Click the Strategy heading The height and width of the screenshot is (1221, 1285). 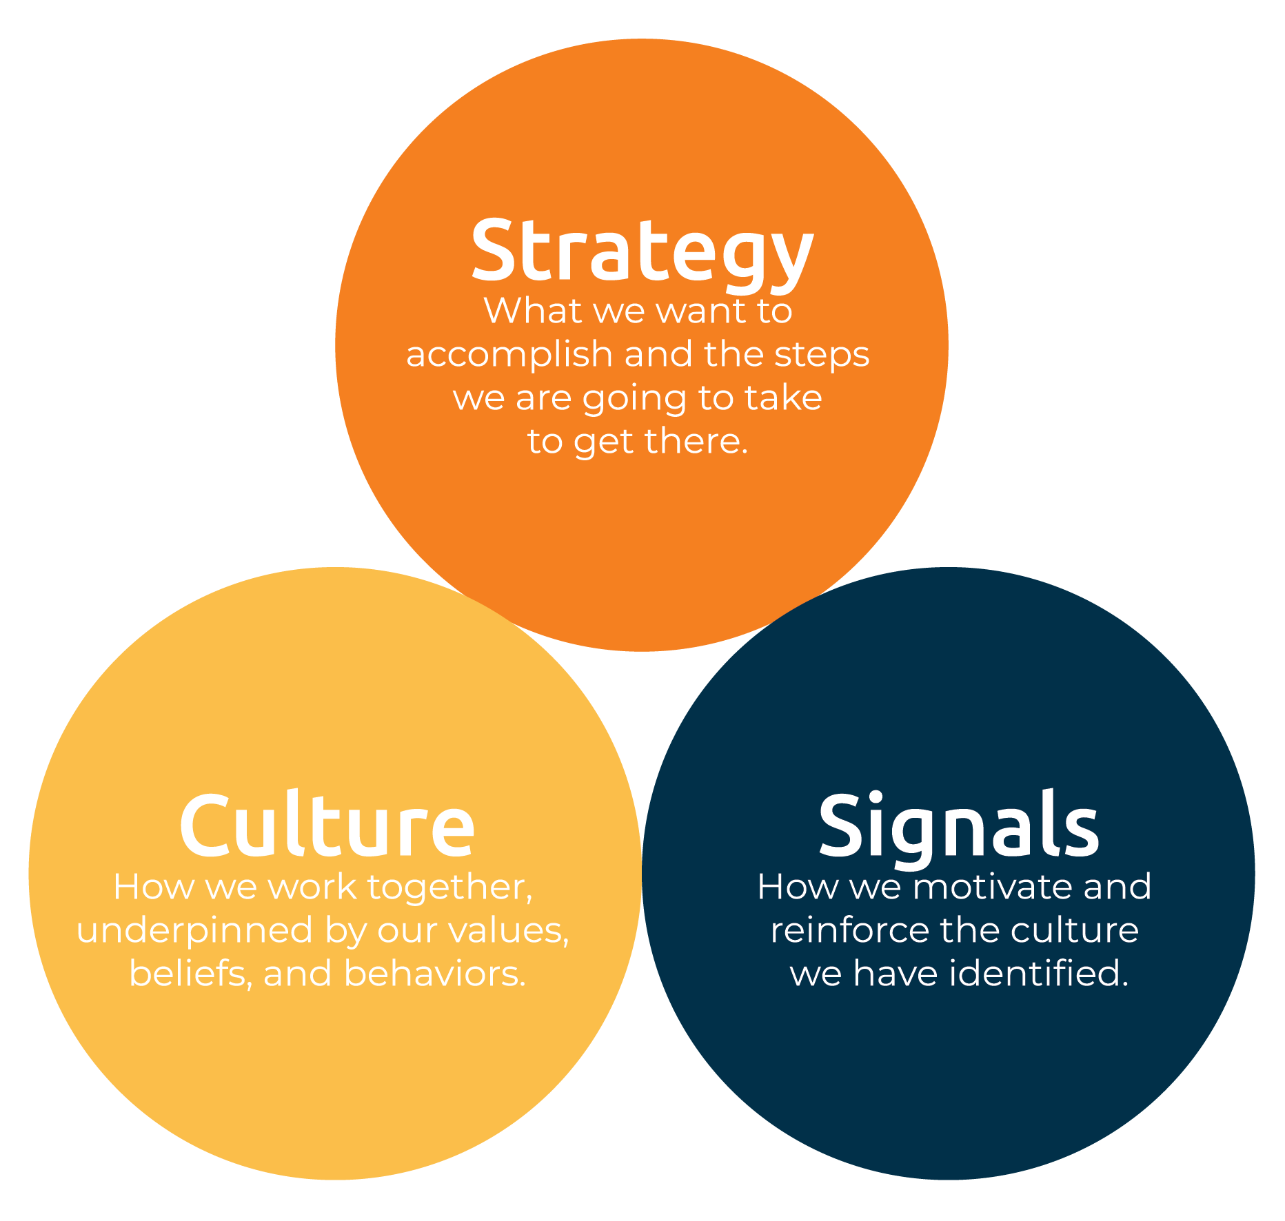coord(642,253)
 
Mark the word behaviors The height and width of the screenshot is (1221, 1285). coord(435,974)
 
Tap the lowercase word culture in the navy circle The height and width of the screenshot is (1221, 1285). coord(1075,931)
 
